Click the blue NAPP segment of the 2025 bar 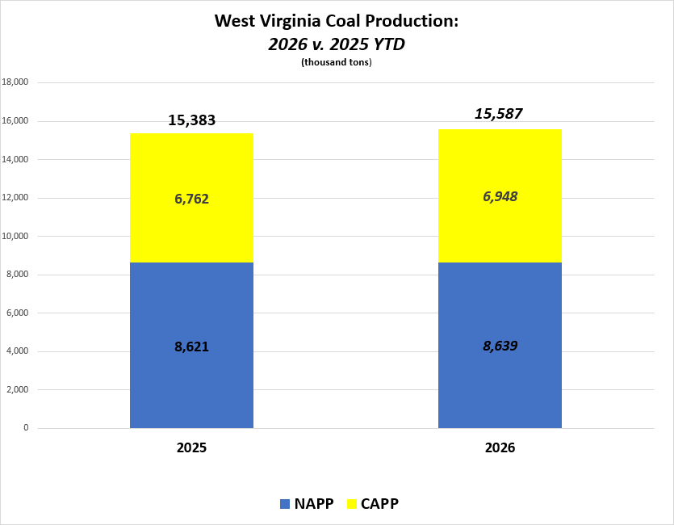click(x=191, y=380)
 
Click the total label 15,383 click(x=191, y=120)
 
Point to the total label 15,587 click(x=499, y=114)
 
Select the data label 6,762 click(x=191, y=199)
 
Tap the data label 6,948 click(x=500, y=196)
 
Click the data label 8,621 click(x=191, y=346)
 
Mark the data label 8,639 click(x=500, y=346)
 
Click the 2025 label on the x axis click(x=191, y=447)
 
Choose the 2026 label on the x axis click(x=500, y=447)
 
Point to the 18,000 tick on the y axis click(x=15, y=82)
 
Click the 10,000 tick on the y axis click(x=15, y=236)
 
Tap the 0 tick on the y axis click(x=26, y=428)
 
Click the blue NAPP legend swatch click(x=284, y=504)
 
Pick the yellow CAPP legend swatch click(x=350, y=504)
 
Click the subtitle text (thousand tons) click(x=336, y=62)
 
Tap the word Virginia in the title click(x=295, y=21)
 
